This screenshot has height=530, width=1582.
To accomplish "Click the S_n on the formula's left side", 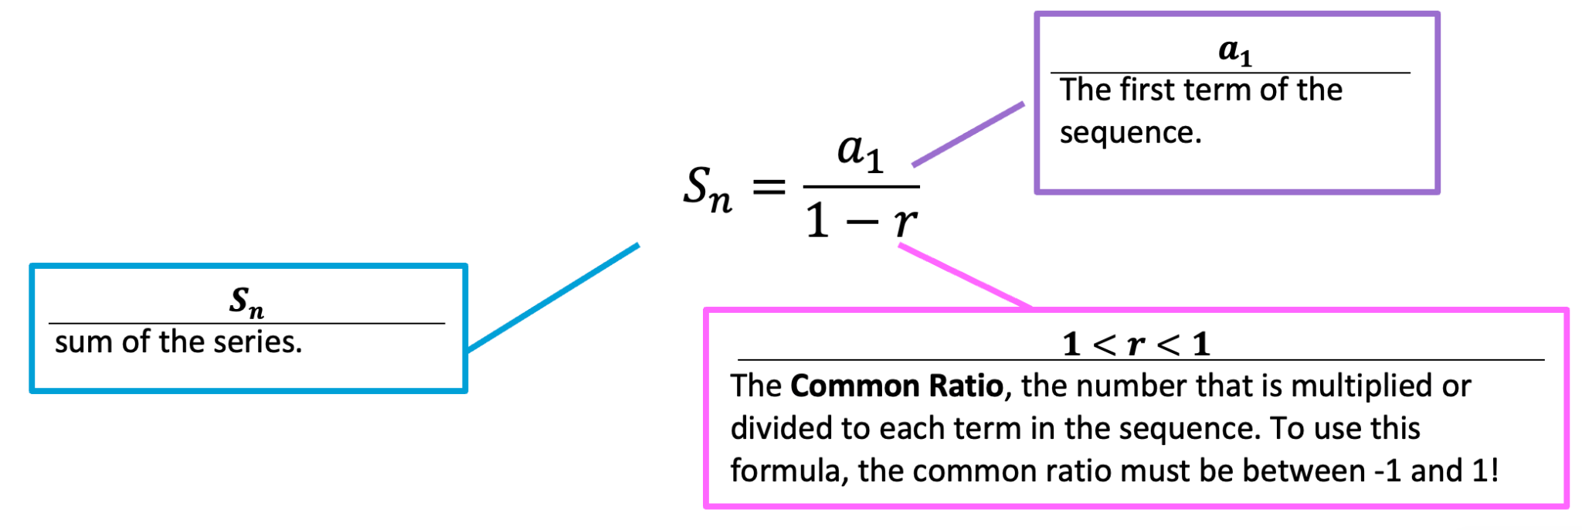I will (706, 189).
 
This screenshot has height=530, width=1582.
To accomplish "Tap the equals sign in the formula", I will (769, 186).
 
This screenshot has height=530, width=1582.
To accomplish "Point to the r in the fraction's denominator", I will (905, 222).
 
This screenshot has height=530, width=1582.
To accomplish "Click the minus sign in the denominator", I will (862, 223).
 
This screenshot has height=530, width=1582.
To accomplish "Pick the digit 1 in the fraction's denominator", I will (816, 221).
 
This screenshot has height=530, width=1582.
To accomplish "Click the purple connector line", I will (969, 134).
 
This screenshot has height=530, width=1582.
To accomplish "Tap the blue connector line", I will (553, 297).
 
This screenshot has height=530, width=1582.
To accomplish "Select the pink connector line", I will (966, 277).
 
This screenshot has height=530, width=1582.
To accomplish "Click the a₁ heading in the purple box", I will (1234, 51).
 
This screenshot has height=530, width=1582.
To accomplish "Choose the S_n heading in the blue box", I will (246, 301).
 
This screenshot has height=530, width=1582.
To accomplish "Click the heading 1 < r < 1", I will (1136, 344).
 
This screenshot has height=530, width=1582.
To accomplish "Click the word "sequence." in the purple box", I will (1130, 133).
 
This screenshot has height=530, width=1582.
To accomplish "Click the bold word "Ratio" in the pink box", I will (966, 386).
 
